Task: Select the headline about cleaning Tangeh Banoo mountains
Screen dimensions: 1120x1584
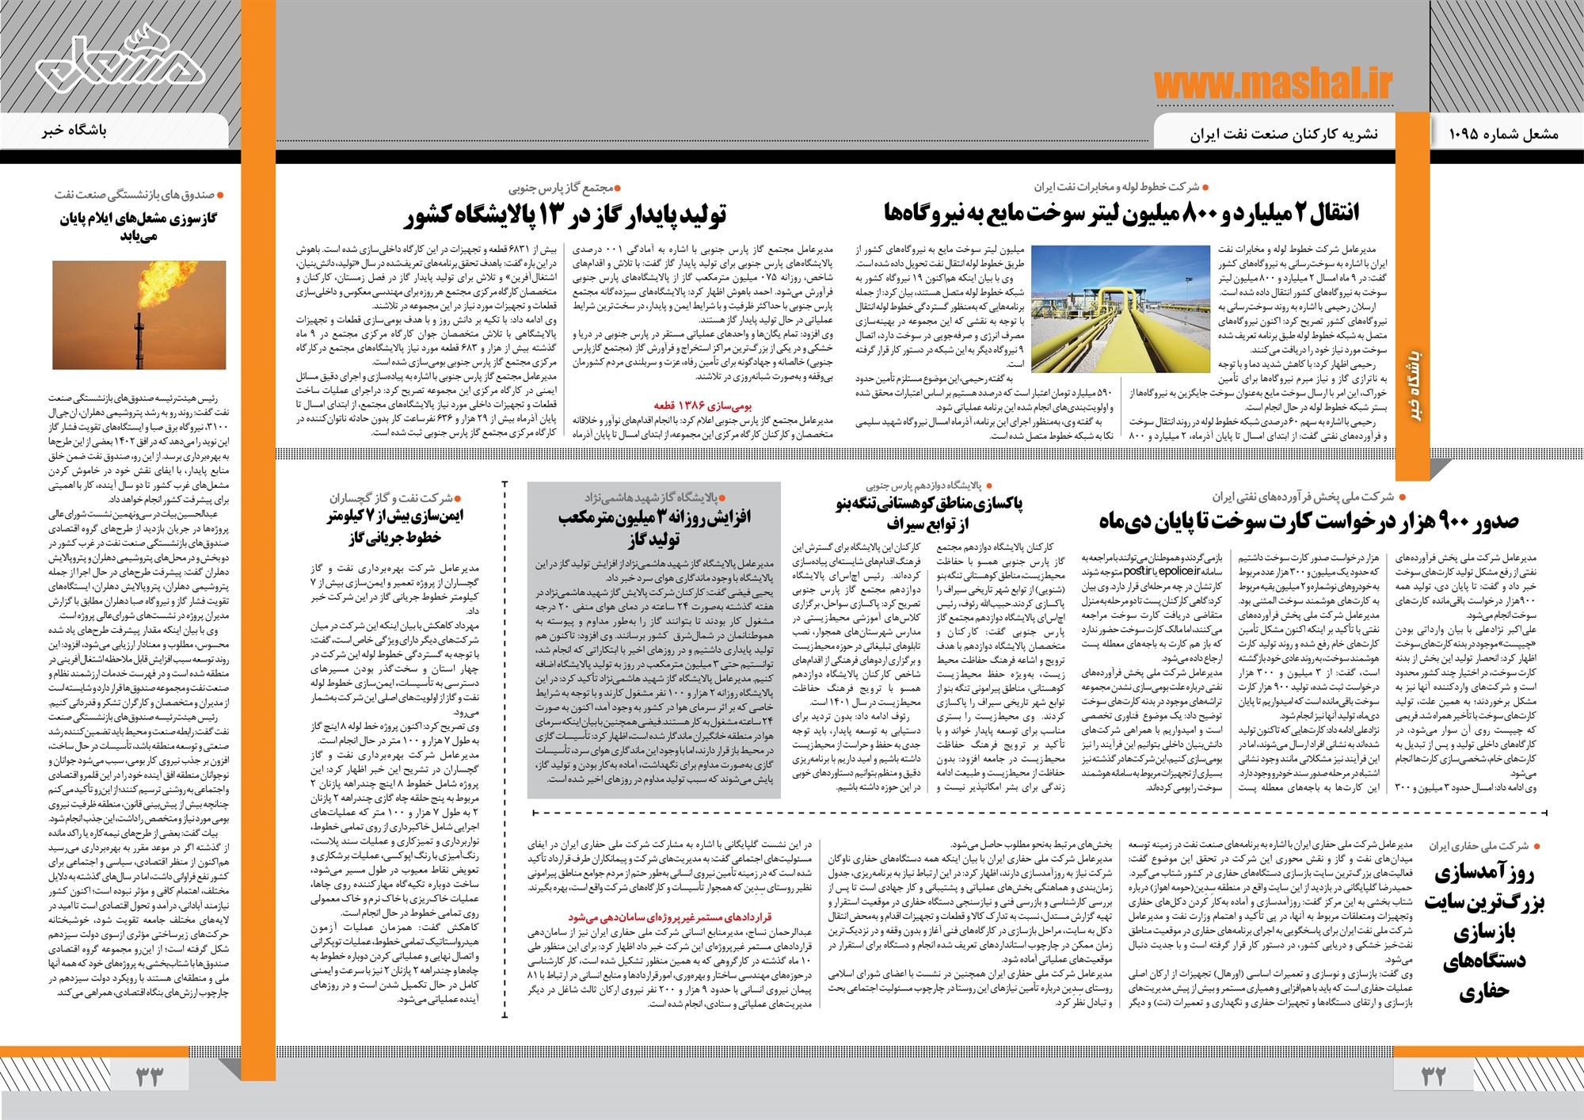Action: tap(927, 512)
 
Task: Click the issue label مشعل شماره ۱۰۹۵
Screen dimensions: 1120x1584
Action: tap(1506, 135)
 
